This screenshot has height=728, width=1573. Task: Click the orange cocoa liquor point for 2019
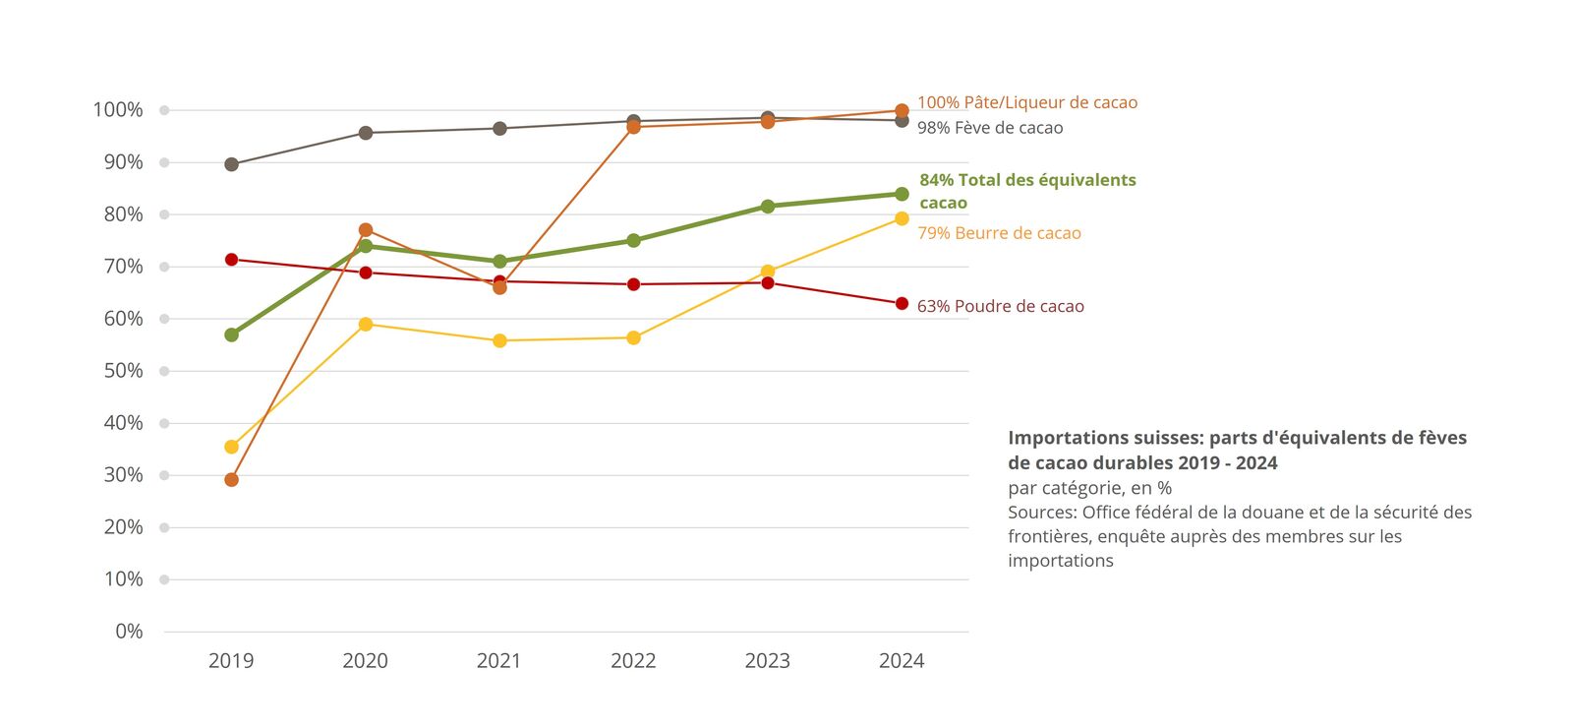pyautogui.click(x=231, y=480)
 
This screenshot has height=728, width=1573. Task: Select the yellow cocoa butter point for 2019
pyautogui.click(x=231, y=447)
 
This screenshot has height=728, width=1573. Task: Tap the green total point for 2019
pyautogui.click(x=231, y=334)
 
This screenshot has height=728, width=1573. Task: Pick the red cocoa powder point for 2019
pyautogui.click(x=231, y=260)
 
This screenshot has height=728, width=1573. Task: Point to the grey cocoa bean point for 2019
pyautogui.click(x=231, y=164)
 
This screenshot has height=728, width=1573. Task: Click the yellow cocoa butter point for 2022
pyautogui.click(x=633, y=337)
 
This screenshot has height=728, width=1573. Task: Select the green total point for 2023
pyautogui.click(x=768, y=207)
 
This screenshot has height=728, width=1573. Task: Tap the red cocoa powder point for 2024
pyautogui.click(x=902, y=304)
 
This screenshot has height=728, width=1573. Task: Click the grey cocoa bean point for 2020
pyautogui.click(x=366, y=133)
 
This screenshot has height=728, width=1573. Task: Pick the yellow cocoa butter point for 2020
pyautogui.click(x=366, y=324)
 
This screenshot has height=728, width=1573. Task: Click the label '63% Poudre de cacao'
pyautogui.click(x=1000, y=306)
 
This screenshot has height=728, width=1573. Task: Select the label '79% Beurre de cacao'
pyautogui.click(x=999, y=233)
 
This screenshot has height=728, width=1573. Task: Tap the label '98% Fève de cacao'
pyautogui.click(x=990, y=128)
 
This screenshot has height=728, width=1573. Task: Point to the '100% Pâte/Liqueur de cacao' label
pyautogui.click(x=1027, y=102)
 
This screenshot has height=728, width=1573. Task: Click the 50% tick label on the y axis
pyautogui.click(x=123, y=371)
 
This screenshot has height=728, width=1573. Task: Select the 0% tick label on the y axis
pyautogui.click(x=129, y=632)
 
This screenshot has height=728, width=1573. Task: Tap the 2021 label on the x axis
pyautogui.click(x=498, y=661)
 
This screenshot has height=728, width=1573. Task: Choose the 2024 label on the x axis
pyautogui.click(x=902, y=661)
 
